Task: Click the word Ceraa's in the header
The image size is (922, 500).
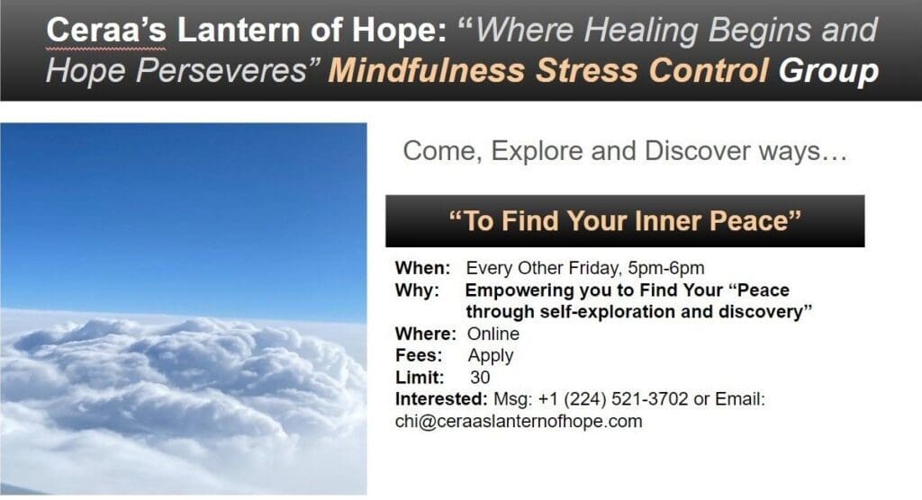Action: [x=106, y=30]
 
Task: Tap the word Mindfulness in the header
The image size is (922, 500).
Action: [x=427, y=70]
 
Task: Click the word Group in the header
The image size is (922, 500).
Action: [x=828, y=71]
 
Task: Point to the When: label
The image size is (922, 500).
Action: [x=423, y=268]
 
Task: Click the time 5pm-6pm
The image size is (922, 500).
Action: [x=666, y=269]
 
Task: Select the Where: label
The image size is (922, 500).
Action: [x=426, y=334]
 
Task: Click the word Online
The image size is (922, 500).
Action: [x=493, y=334]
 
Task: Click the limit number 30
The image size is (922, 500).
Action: [x=480, y=377]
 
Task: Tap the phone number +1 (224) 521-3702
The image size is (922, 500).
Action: [x=612, y=399]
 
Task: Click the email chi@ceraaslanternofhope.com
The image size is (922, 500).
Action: [x=519, y=421]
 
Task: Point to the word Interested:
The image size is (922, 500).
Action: [x=441, y=399]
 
